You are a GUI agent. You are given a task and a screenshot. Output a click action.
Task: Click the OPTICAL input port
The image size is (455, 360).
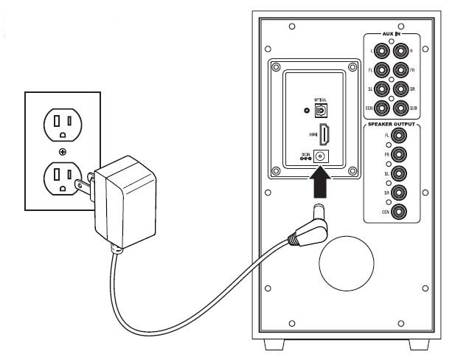pos(322,110)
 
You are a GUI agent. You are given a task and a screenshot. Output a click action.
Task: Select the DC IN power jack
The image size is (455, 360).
pos(322,156)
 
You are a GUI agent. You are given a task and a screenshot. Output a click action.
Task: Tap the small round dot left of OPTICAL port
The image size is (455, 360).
pos(307,110)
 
